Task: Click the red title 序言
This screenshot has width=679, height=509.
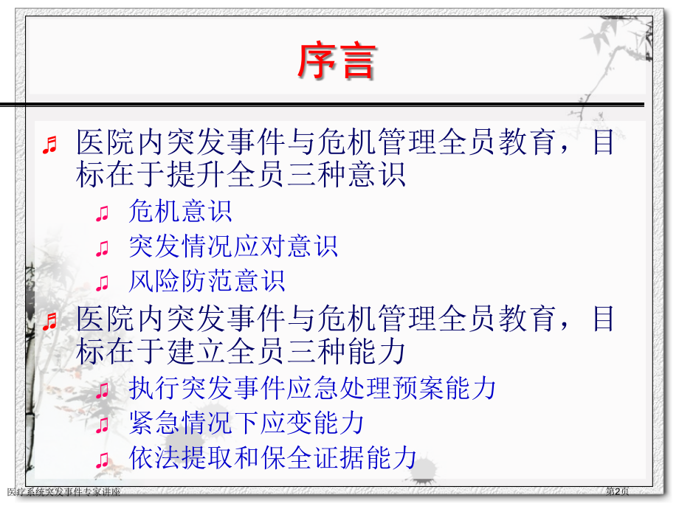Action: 336,60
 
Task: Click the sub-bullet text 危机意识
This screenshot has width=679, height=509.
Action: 180,212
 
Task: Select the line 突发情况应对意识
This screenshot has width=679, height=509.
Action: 233,246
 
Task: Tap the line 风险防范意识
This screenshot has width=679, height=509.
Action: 207,281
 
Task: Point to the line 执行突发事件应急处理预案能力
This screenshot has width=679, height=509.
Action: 312,388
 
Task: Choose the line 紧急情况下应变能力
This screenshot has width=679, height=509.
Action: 247,423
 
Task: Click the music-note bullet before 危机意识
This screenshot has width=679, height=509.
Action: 103,214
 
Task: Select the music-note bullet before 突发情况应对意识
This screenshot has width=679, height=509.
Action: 103,249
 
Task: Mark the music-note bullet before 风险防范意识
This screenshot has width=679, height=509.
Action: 103,283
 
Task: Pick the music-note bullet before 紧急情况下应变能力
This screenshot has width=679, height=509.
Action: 103,425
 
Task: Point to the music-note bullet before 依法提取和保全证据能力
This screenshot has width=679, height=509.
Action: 103,460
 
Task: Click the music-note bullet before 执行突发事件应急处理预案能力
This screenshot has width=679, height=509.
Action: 103,390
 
